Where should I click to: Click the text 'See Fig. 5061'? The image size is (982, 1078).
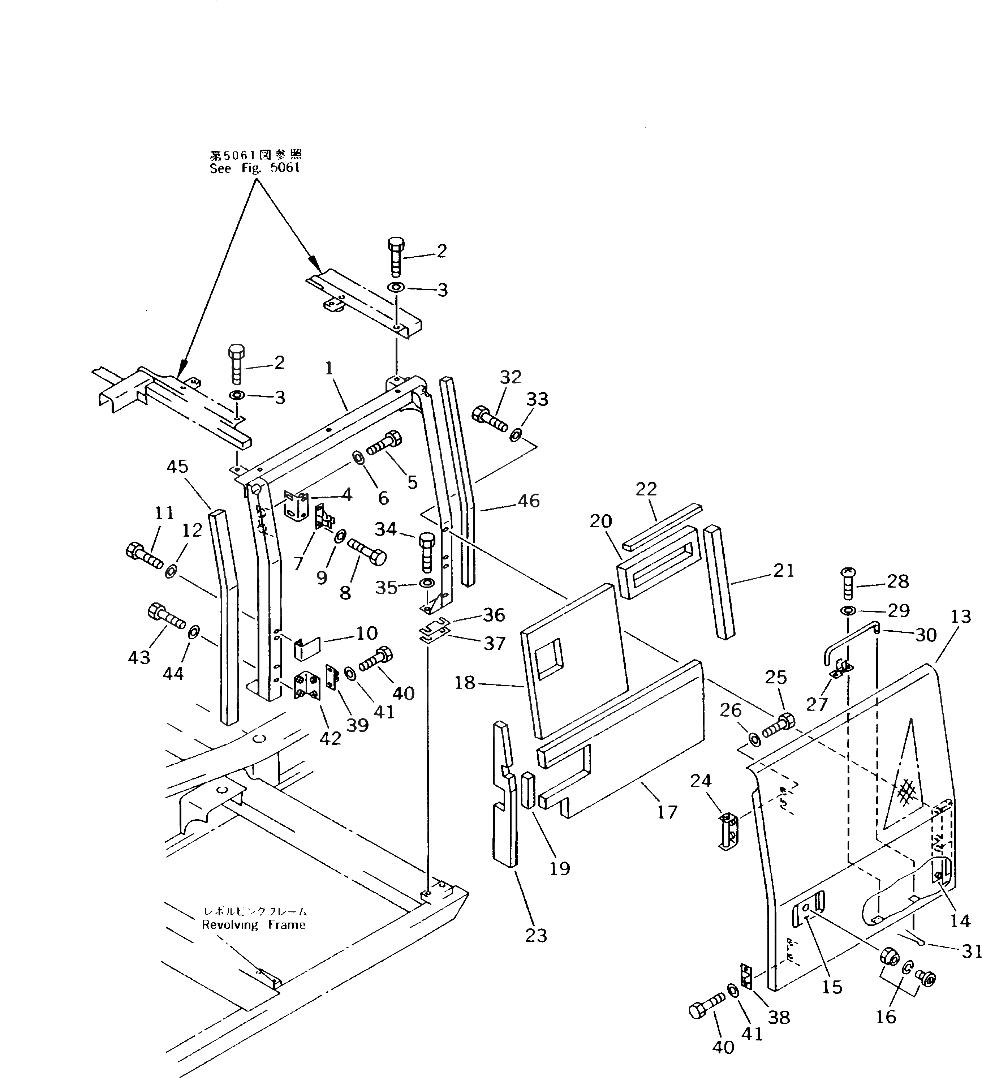click(x=254, y=168)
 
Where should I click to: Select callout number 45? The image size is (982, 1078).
click(x=177, y=467)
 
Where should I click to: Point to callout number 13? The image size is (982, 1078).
click(x=961, y=617)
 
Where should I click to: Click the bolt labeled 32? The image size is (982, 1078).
click(x=489, y=419)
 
